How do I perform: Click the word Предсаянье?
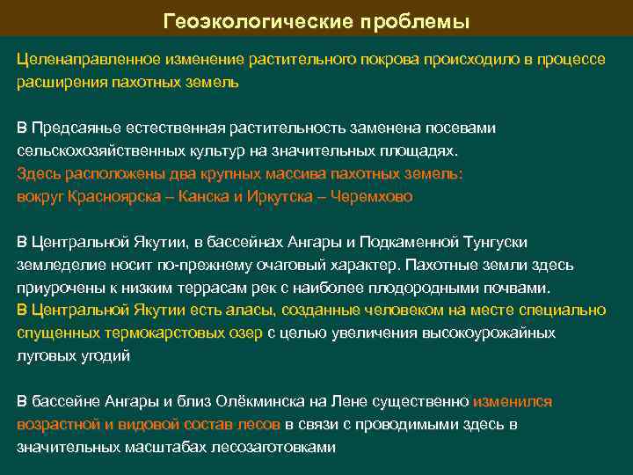coord(84,128)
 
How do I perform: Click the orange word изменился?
coord(513,402)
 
